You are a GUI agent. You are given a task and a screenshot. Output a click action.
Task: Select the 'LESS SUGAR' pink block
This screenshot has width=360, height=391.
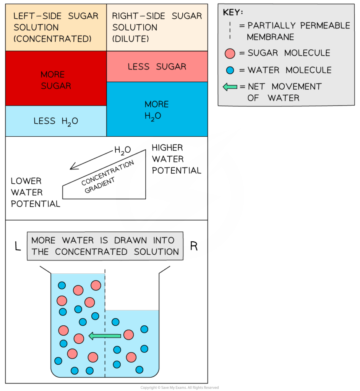(x=157, y=66)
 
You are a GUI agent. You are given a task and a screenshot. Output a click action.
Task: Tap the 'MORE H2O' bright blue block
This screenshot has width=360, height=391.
(x=157, y=109)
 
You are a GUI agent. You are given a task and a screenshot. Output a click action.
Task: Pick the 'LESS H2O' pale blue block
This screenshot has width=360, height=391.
(x=56, y=121)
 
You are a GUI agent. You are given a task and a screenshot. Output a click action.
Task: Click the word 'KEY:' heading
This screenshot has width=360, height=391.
(x=233, y=12)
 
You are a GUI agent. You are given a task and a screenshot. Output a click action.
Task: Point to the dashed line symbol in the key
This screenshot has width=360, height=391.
(x=230, y=31)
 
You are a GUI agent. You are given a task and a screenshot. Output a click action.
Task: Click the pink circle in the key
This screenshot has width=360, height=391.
(x=230, y=53)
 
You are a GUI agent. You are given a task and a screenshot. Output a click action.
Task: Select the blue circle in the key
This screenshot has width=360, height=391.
(x=230, y=70)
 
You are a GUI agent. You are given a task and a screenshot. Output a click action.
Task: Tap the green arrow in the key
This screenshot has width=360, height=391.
(x=230, y=87)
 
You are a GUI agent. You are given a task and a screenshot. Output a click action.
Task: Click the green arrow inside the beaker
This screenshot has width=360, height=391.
(x=105, y=336)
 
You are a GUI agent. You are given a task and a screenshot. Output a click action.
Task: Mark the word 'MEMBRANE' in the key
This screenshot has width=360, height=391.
(x=270, y=37)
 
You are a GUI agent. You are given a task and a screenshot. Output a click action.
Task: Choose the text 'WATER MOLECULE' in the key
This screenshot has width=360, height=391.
(x=289, y=70)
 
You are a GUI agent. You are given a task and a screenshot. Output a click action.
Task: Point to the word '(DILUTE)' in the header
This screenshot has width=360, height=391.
(x=130, y=39)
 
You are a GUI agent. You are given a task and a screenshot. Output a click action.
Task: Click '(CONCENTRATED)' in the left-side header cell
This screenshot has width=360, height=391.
(x=52, y=39)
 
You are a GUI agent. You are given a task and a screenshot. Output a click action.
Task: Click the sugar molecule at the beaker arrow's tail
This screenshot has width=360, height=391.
(x=128, y=335)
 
